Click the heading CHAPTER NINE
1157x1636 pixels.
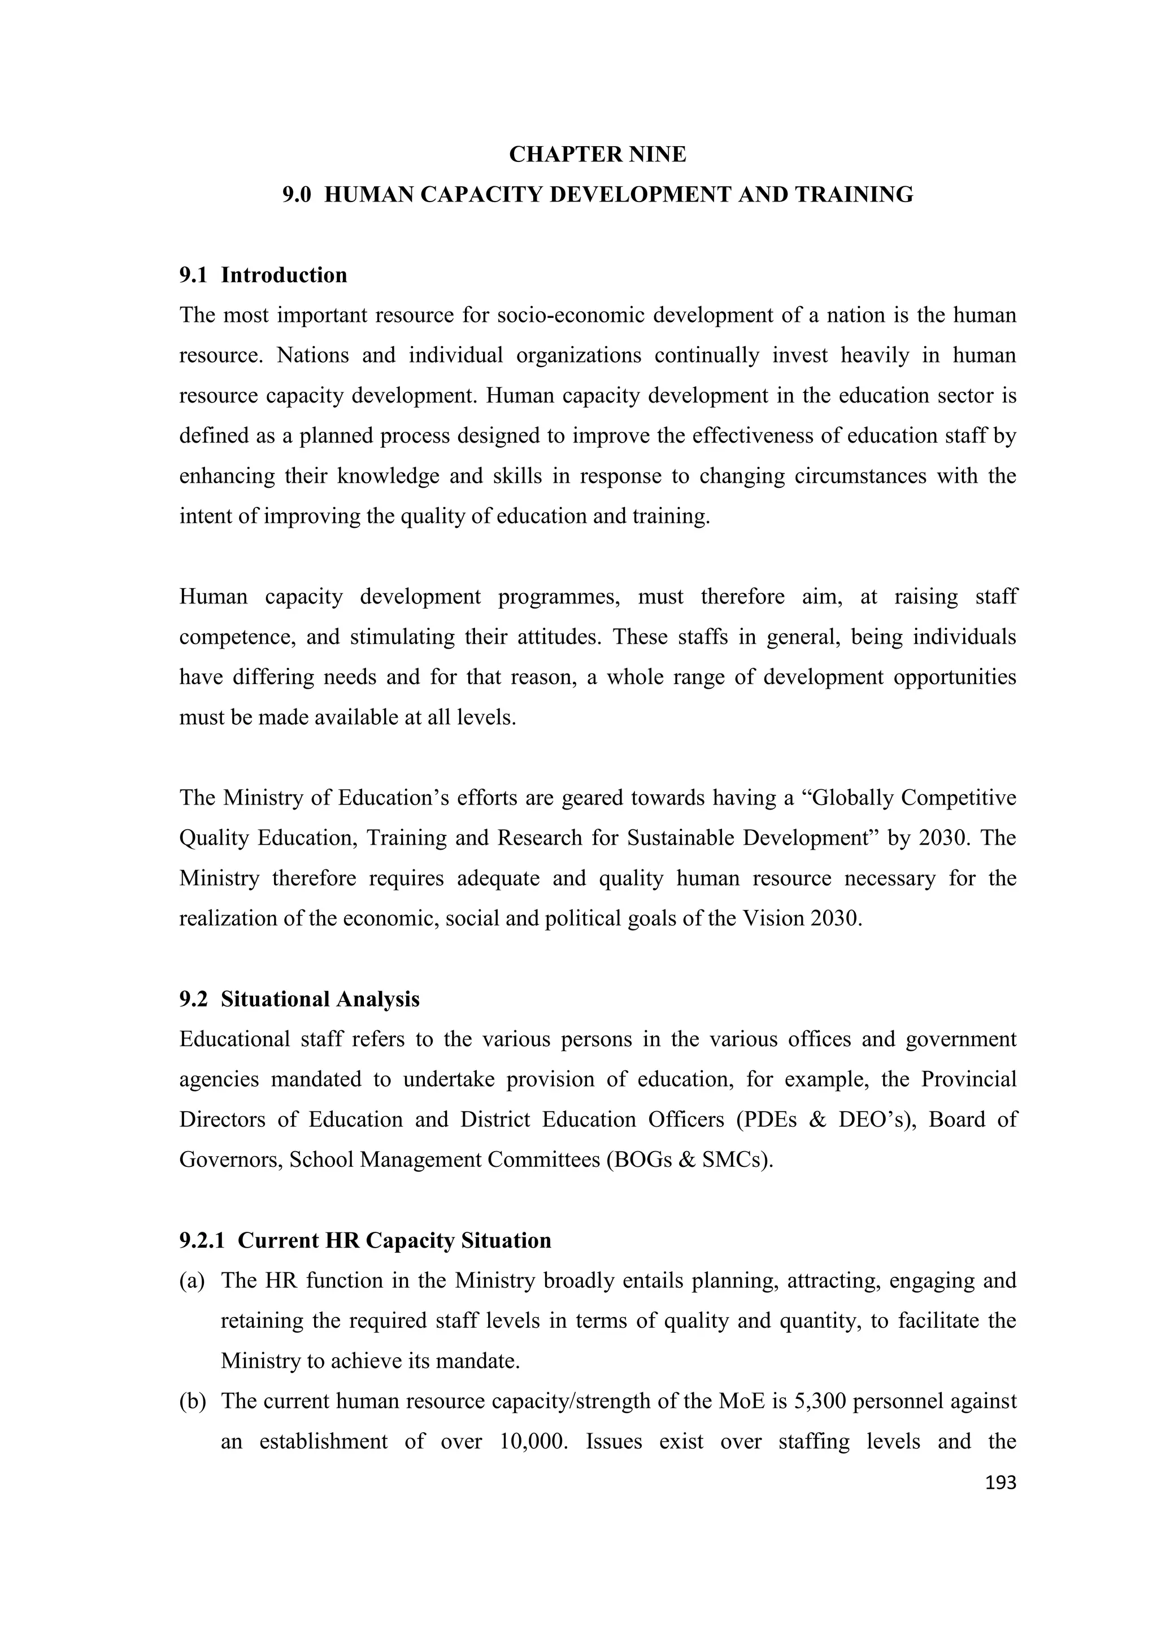tap(597, 154)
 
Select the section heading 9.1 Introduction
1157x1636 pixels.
tap(263, 275)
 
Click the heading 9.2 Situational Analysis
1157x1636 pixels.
tap(299, 999)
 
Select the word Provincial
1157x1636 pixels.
tap(968, 1079)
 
